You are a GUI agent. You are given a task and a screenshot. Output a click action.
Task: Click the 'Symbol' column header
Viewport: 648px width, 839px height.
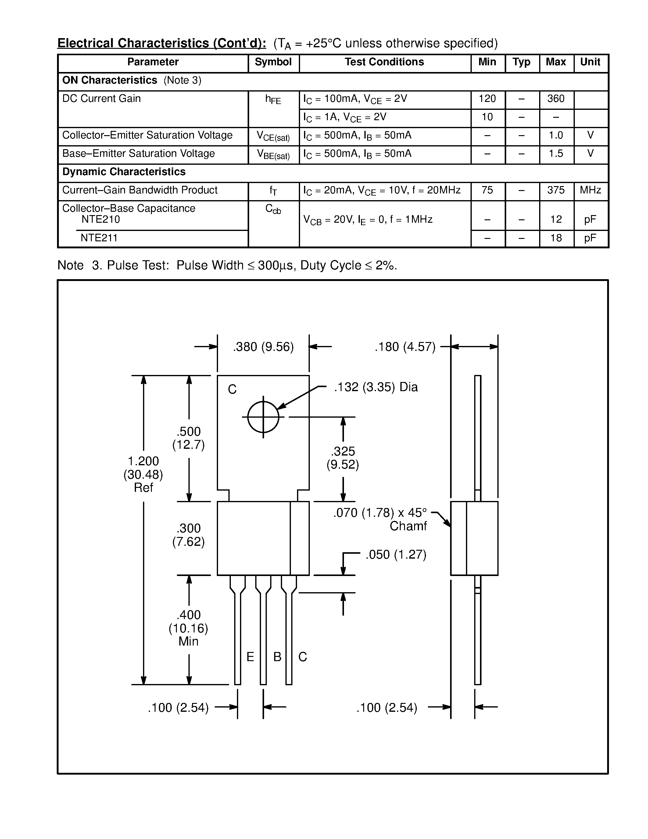pyautogui.click(x=273, y=62)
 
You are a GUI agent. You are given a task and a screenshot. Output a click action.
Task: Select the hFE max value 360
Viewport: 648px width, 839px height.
pyautogui.click(x=556, y=99)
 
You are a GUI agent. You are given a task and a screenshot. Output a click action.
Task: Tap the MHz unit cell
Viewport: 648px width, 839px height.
pyautogui.click(x=590, y=190)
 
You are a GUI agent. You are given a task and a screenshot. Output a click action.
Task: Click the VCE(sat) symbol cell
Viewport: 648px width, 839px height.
pyautogui.click(x=273, y=136)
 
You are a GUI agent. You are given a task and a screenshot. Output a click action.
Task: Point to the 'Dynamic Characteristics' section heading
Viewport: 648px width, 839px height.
pyautogui.click(x=124, y=172)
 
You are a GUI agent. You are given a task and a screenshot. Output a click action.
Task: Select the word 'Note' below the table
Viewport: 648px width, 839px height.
pyautogui.click(x=70, y=265)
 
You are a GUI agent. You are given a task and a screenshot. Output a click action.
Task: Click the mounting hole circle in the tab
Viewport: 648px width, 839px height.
pyautogui.click(x=263, y=417)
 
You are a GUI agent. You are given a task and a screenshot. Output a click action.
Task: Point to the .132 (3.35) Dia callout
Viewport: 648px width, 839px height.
pyautogui.click(x=375, y=387)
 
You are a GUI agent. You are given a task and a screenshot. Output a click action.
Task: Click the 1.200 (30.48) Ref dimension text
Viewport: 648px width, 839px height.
pyautogui.click(x=143, y=474)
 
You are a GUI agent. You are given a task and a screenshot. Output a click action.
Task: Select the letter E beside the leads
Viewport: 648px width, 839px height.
pyautogui.click(x=250, y=657)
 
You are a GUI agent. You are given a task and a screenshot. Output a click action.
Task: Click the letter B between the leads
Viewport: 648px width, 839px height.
pyautogui.click(x=277, y=657)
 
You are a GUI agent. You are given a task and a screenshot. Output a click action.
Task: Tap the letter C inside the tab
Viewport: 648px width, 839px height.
pyautogui.click(x=232, y=390)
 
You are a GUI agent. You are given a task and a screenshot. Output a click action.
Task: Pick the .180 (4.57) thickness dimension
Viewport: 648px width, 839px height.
pyautogui.click(x=405, y=347)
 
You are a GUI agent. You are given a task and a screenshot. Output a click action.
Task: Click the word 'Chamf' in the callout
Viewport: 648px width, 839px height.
pyautogui.click(x=408, y=526)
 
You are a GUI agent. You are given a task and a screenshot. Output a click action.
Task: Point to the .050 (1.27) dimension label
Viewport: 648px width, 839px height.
pyautogui.click(x=396, y=554)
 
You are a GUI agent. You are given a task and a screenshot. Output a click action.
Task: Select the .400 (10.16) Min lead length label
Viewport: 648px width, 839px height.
pyautogui.click(x=188, y=628)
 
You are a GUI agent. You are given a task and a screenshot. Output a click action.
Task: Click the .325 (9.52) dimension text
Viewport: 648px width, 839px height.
pyautogui.click(x=342, y=458)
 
